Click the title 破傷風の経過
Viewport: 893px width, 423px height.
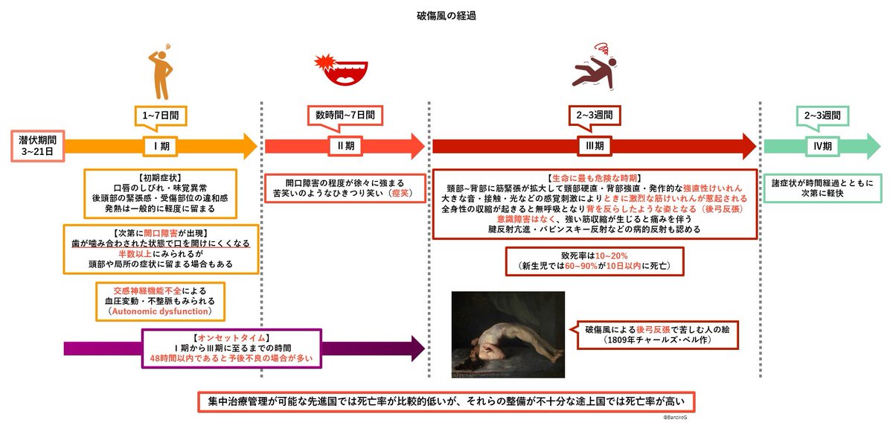coord(446,16)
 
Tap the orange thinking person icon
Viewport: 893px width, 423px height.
coord(161,71)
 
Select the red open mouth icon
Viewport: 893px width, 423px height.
coord(342,70)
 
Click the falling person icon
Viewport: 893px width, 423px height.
coord(595,68)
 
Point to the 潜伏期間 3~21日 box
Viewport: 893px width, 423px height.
coord(37,146)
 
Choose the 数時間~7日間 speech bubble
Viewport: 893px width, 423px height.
coord(345,118)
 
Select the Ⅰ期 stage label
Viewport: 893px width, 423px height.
coord(161,146)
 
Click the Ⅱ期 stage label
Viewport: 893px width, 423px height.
coord(345,146)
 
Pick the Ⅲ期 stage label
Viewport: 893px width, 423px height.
coord(595,146)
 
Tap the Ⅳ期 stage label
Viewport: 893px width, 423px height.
coord(822,146)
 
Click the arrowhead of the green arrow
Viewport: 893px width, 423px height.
coord(874,147)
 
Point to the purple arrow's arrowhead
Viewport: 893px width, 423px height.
coord(417,349)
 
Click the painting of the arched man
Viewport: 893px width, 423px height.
coord(508,334)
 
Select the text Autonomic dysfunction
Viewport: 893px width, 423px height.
coord(160,311)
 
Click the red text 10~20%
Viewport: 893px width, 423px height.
coord(611,255)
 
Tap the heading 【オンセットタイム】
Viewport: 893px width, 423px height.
coord(231,338)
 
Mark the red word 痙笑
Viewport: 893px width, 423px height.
coord(400,193)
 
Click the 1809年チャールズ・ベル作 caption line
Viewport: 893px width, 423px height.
coord(657,340)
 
